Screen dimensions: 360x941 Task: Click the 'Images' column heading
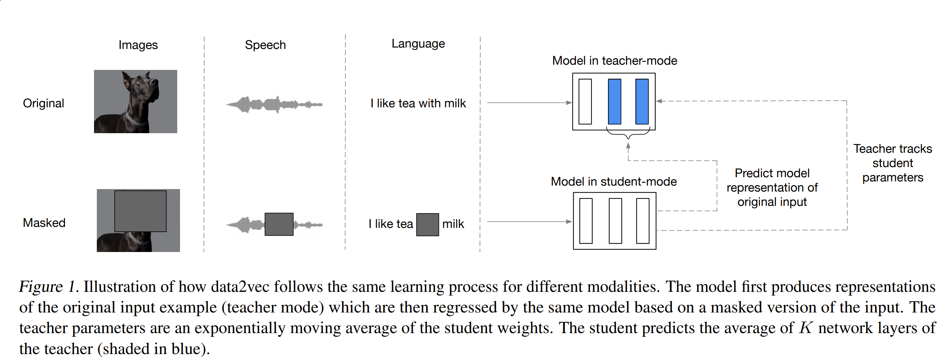[x=138, y=45]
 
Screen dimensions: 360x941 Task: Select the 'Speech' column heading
[x=265, y=45]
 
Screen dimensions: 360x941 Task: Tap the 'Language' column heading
[x=418, y=44]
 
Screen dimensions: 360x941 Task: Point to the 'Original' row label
[x=43, y=103]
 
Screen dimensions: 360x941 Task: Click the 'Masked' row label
[x=44, y=223]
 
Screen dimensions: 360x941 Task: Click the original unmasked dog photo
[x=136, y=101]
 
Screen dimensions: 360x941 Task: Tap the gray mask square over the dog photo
[x=140, y=211]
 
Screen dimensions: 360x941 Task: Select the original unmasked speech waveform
[x=274, y=105]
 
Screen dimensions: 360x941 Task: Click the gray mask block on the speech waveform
[x=279, y=224]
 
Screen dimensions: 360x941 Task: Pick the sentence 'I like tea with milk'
[x=418, y=103]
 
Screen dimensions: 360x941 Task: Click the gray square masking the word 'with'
[x=428, y=224]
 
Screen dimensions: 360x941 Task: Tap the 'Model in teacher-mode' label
[x=615, y=60]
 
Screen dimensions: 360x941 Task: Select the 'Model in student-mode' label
[x=614, y=181]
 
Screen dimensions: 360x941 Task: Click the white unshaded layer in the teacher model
[x=585, y=101]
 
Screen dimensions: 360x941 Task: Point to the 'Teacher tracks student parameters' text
[x=892, y=163]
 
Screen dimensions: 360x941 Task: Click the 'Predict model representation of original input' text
[x=772, y=187]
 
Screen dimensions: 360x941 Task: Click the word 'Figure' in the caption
[x=41, y=287]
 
